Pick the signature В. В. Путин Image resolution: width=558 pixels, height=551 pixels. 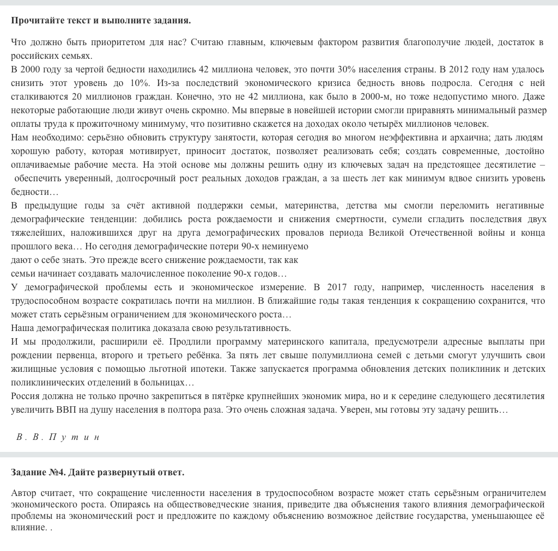[58, 437]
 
